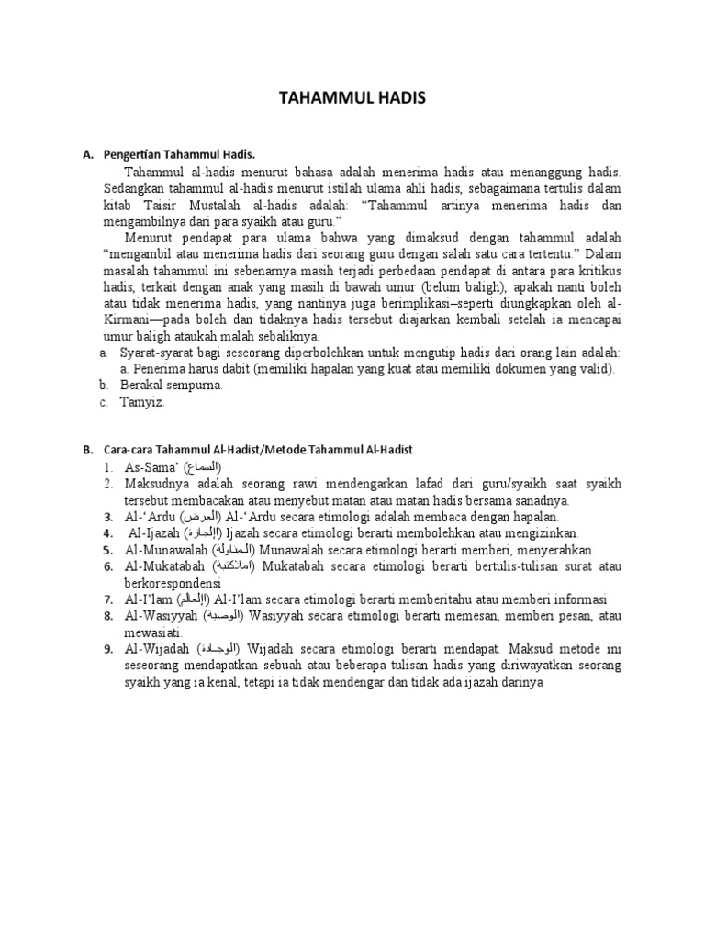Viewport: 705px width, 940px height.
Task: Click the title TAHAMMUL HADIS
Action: (x=352, y=100)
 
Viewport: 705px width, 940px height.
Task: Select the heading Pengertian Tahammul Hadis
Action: (x=178, y=156)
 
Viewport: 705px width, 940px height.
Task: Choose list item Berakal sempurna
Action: (x=171, y=386)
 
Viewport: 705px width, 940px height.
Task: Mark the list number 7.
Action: (x=108, y=599)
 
